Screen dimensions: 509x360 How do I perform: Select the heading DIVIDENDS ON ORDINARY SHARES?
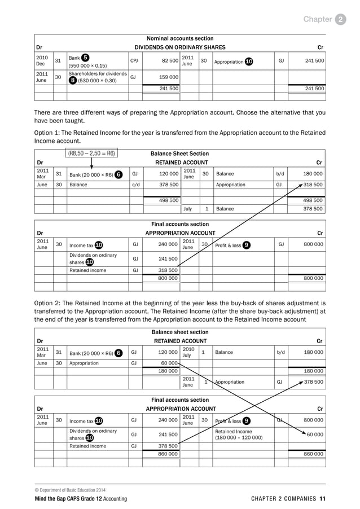click(179, 47)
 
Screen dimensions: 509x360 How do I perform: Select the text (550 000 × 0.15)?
click(87, 65)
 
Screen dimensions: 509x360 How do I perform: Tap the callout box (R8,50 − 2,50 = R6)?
click(92, 153)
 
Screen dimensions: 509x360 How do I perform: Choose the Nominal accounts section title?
click(179, 38)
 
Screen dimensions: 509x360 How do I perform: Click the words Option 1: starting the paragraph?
click(47, 133)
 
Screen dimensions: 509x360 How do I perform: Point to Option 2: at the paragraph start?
click(47, 302)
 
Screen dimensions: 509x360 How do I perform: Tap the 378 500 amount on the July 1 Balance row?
click(311, 209)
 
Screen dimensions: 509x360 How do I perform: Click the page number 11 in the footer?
click(322, 499)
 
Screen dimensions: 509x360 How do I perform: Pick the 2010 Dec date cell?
click(42, 61)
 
